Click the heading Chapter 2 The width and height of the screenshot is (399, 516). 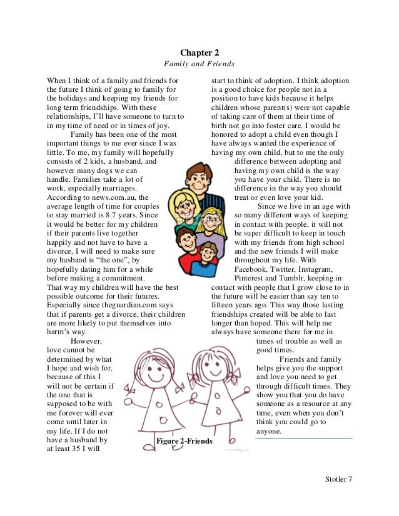[199, 53]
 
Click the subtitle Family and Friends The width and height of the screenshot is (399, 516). [199, 64]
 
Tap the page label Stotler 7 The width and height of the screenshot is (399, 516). [338, 479]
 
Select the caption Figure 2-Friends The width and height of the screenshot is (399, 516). [185, 442]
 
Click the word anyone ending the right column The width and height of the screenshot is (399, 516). [270, 431]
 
